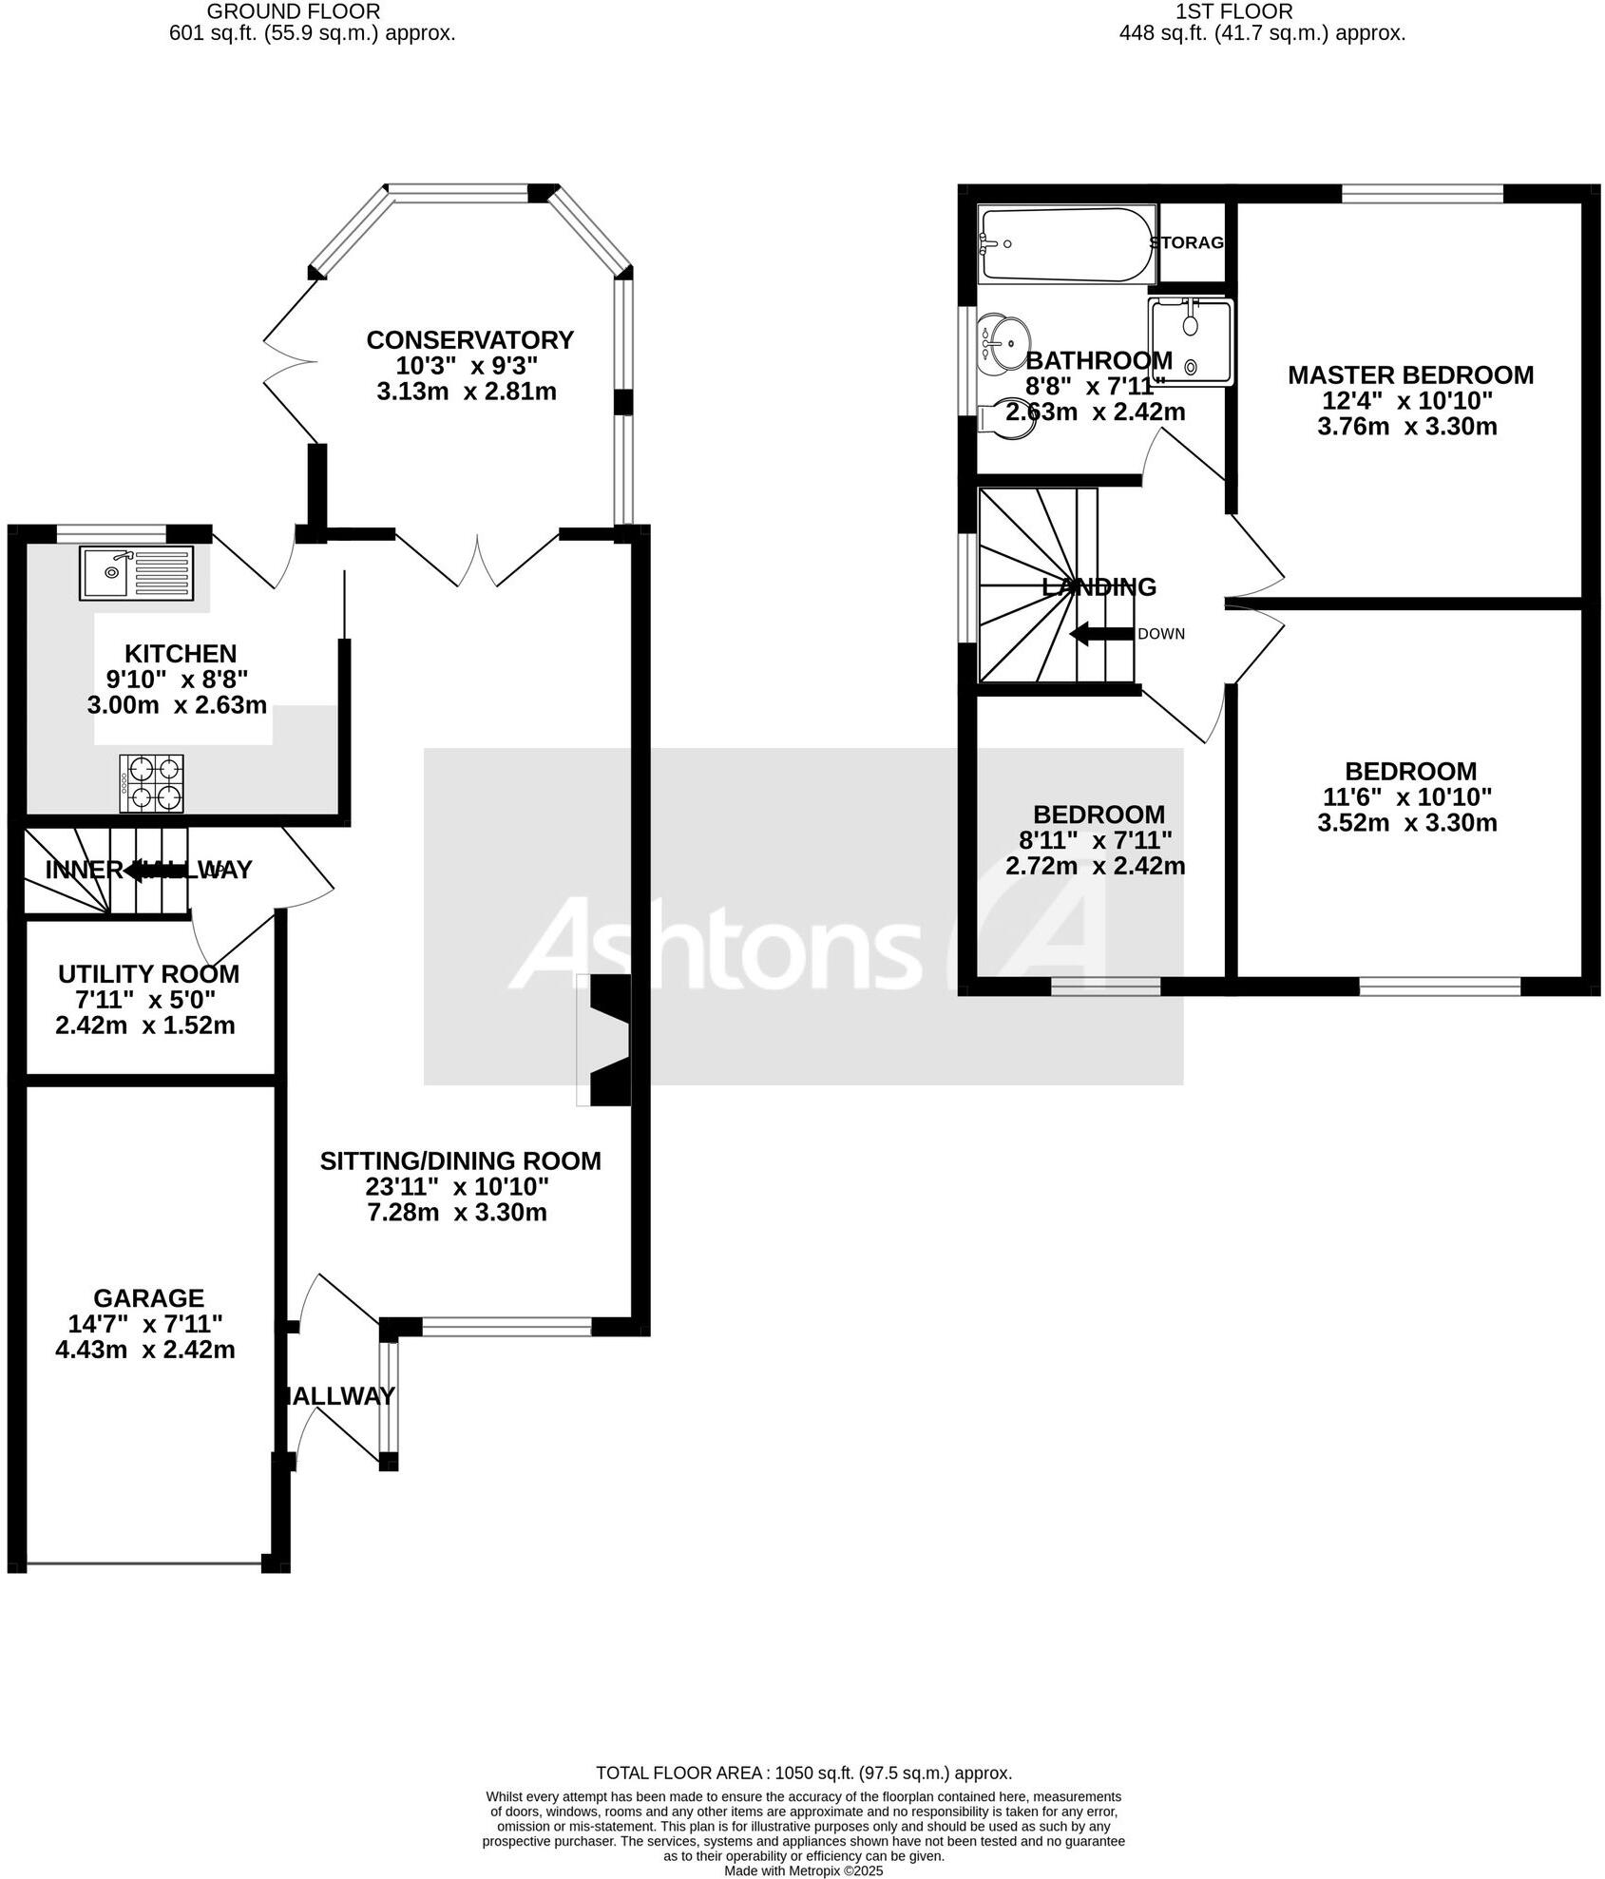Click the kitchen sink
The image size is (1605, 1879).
137,573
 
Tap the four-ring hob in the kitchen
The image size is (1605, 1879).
152,783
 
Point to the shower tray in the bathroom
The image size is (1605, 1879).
1190,342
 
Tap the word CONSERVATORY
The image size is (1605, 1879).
469,340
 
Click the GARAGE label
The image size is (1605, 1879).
148,1298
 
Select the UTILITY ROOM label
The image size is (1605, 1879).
148,974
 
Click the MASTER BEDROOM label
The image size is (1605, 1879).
1410,375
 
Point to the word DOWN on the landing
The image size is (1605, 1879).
1161,634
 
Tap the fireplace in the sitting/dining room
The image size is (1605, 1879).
608,1040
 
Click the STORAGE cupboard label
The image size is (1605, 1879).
1187,243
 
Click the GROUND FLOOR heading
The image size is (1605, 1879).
293,12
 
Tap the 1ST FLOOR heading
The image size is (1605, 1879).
1233,12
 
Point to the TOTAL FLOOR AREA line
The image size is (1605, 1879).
803,1773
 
